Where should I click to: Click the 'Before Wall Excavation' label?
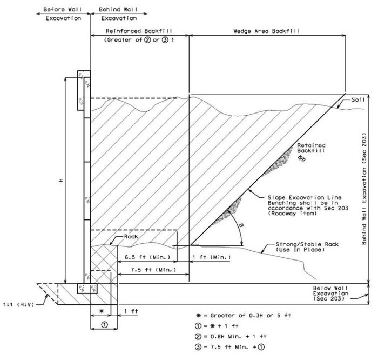point(63,14)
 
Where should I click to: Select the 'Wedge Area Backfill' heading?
point(266,31)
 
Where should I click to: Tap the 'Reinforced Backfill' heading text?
point(139,31)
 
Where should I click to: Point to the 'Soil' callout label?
point(357,99)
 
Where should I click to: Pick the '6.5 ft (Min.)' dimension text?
point(147,257)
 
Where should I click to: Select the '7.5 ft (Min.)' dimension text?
point(153,270)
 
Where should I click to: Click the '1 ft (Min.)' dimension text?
point(212,257)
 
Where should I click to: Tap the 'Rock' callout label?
point(131,236)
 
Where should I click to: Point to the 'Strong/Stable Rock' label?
point(307,244)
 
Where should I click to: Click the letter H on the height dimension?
point(62,180)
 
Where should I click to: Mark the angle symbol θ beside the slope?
point(241,225)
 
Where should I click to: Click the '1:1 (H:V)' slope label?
point(19,305)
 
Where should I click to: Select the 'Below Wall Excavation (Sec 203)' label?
point(330,294)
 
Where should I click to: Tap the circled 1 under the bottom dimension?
point(104,324)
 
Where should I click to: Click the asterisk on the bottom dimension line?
point(102,311)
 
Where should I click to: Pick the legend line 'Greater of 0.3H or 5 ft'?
point(251,315)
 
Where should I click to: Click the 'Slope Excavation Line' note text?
point(305,198)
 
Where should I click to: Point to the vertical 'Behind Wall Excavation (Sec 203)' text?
point(364,189)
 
